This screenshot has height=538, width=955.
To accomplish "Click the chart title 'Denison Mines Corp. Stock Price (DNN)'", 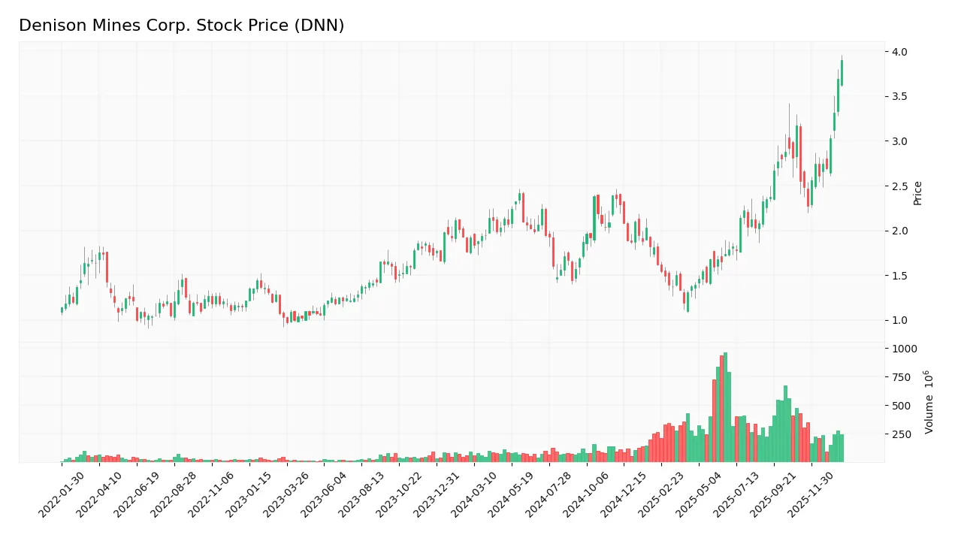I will (181, 26).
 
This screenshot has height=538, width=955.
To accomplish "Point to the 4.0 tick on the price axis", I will (899, 52).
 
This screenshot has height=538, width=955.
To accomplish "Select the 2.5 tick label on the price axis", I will (899, 186).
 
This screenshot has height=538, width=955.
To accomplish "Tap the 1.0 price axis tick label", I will (899, 321).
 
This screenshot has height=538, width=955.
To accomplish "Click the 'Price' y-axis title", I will (917, 193).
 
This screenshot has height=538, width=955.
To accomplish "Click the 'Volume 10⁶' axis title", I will (929, 402).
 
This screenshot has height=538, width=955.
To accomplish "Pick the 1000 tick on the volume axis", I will (903, 349).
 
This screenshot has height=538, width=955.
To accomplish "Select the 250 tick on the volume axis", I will (901, 434).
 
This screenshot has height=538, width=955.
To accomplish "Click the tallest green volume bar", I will (725, 407).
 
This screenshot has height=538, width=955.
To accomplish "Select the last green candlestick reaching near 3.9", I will (842, 73).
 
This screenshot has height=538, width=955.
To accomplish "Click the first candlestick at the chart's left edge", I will (62, 310).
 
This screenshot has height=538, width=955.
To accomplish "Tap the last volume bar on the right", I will (842, 449).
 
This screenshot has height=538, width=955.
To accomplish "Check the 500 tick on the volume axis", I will (901, 406).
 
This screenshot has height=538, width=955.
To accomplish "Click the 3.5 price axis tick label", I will (899, 96).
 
